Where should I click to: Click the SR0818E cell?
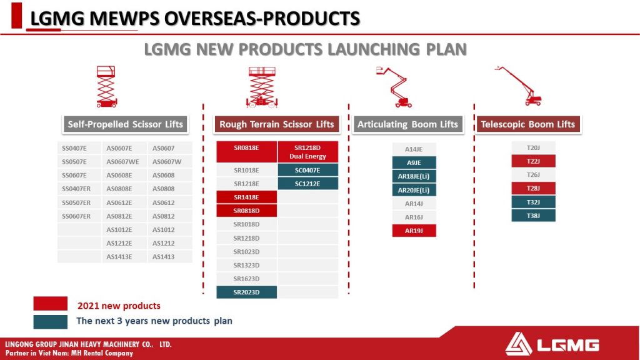coord(246,152)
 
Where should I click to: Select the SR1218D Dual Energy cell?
coord(307,152)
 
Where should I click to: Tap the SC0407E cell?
coord(307,170)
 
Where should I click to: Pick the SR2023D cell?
coord(246,292)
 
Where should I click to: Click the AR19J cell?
coord(414,231)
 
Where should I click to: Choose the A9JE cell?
coord(414,162)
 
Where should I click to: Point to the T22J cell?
coord(533,161)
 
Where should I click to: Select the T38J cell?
coord(533,216)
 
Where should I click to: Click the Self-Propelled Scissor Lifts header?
coord(125,124)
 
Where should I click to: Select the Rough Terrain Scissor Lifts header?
coord(277,124)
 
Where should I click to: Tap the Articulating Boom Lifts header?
coord(407,124)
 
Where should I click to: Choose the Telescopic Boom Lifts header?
coord(527,124)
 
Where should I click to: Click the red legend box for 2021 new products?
coord(50,304)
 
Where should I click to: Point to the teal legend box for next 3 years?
coord(50,322)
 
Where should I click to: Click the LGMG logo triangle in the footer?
coord(518,344)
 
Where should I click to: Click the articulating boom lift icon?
coord(394,87)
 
